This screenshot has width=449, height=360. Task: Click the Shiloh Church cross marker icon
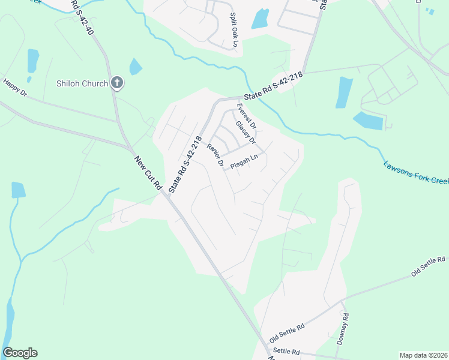pyautogui.click(x=117, y=83)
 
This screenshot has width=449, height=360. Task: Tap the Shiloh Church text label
pyautogui.click(x=82, y=84)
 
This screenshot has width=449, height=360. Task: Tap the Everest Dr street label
pyautogui.click(x=246, y=117)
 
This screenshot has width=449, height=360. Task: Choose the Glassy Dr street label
pyautogui.click(x=246, y=133)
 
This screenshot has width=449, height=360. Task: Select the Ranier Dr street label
pyautogui.click(x=215, y=155)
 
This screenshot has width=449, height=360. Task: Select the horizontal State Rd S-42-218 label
pyautogui.click(x=273, y=86)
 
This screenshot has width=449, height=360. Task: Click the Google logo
pyautogui.click(x=20, y=353)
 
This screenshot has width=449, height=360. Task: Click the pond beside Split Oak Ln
pyautogui.click(x=260, y=19)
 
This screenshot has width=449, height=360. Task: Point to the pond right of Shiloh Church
pyautogui.click(x=136, y=66)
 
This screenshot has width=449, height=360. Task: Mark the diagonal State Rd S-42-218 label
pyautogui.click(x=185, y=164)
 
